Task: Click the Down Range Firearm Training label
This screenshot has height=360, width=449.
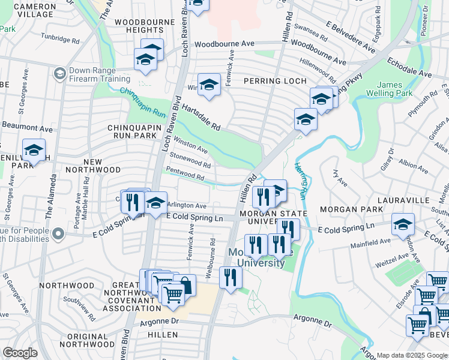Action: pos(99,74)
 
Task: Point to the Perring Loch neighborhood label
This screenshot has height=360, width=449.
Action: pos(275,81)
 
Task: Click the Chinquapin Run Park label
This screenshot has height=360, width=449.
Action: pos(131,131)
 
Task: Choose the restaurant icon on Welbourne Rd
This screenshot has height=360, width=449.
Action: pos(230,277)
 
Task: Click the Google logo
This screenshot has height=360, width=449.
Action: pos(20,353)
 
